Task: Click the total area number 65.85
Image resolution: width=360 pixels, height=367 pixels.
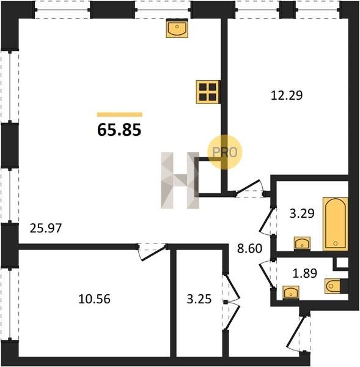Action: (119, 130)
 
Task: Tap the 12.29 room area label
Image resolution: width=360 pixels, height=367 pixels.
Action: (287, 95)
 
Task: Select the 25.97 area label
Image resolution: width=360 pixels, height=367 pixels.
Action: (46, 228)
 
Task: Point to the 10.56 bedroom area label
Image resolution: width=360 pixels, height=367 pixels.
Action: (94, 299)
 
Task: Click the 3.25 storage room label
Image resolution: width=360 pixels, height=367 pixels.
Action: (199, 299)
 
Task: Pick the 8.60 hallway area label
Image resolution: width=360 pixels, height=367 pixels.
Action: (249, 248)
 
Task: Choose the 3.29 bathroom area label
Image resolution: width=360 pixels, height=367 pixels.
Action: (302, 213)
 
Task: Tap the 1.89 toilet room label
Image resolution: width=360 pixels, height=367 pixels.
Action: (305, 273)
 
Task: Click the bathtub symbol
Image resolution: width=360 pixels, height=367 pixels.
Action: (335, 224)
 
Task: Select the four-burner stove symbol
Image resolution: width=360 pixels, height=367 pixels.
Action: (208, 92)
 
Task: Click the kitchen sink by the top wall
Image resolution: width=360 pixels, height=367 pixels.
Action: (177, 28)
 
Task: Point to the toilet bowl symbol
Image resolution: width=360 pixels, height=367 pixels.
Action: (332, 286)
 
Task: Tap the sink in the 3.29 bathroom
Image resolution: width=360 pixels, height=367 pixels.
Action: (302, 243)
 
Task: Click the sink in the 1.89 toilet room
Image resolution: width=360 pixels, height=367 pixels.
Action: (291, 292)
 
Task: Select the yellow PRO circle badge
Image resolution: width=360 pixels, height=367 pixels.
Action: (225, 152)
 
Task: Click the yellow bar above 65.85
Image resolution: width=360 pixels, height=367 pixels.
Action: (120, 114)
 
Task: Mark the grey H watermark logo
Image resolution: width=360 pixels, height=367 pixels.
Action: (180, 180)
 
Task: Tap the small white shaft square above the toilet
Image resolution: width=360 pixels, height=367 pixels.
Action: (342, 263)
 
